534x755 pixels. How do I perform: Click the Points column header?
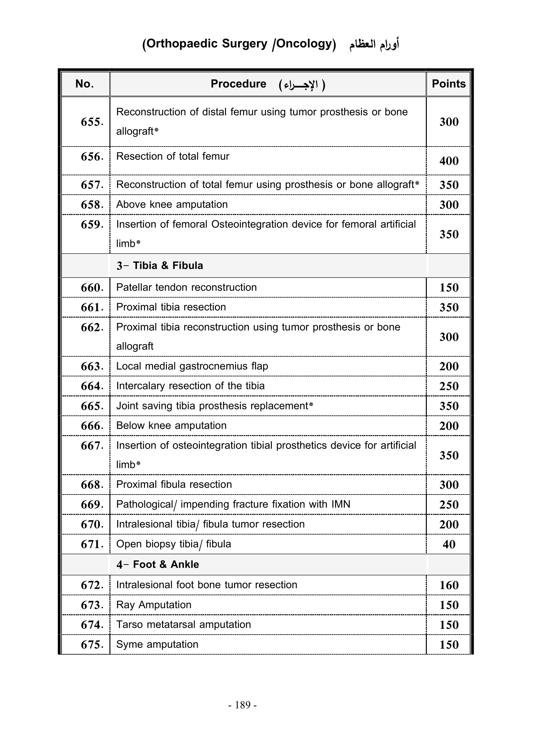(x=448, y=84)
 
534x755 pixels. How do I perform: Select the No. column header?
(x=85, y=84)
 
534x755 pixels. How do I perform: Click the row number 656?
(x=92, y=157)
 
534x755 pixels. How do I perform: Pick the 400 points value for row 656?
(x=449, y=161)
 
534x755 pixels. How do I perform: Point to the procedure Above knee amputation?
(x=172, y=205)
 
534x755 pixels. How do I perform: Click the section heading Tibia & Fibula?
(x=168, y=266)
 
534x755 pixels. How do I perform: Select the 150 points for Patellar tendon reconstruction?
(x=449, y=288)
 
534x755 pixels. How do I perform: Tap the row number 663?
(x=92, y=366)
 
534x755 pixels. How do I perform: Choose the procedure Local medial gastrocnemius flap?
(x=192, y=366)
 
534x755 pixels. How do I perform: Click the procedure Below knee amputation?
(x=171, y=425)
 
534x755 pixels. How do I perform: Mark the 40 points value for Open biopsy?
(x=449, y=544)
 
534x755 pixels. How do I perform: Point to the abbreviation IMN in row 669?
(x=341, y=504)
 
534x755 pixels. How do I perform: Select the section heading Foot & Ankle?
(x=166, y=565)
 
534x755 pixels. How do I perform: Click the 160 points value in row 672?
(x=449, y=585)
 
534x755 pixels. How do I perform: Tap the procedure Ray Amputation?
(x=154, y=605)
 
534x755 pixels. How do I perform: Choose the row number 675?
(x=92, y=645)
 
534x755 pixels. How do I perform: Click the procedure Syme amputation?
(x=157, y=644)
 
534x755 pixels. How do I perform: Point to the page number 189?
(x=243, y=705)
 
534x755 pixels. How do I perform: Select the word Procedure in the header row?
(x=238, y=84)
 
